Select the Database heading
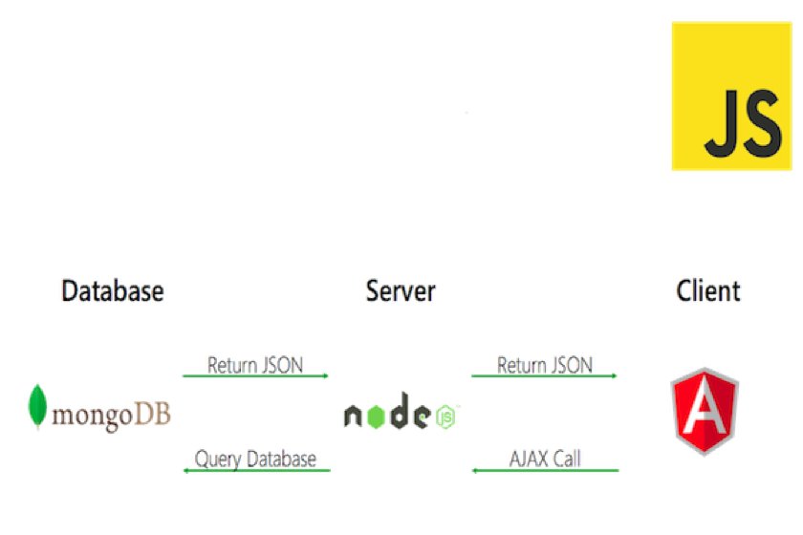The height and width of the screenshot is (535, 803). coord(113,290)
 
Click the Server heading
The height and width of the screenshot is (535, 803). coord(401,290)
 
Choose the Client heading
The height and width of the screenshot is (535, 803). coord(707,290)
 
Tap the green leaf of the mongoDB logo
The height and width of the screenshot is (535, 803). coord(36,405)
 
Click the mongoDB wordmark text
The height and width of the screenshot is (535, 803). coord(113,414)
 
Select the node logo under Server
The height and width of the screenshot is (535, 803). coord(402,415)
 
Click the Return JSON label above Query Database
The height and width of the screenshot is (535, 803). coord(254,364)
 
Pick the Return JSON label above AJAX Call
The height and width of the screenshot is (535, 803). coord(544,364)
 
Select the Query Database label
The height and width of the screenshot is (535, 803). coord(254,459)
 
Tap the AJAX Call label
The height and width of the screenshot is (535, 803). coord(544,459)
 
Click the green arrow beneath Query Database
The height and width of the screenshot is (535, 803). coord(256,470)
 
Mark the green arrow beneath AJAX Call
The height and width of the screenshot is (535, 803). coord(545,470)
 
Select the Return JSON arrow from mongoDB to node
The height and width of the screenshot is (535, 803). coord(256,375)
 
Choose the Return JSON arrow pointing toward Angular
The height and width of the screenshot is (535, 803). coord(545,375)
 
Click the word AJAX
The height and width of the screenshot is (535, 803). coord(526,459)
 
